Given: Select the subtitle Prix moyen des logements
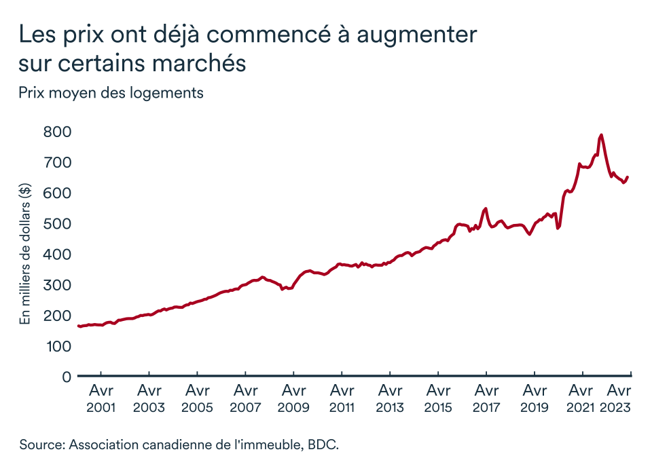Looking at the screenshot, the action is [x=111, y=93].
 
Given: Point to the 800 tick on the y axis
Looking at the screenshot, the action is [x=57, y=132].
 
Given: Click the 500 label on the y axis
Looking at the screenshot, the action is [x=57, y=224].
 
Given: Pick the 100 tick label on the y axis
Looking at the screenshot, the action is [x=58, y=346].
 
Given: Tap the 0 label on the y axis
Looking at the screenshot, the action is [x=67, y=377].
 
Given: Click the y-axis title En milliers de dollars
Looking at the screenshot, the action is [x=25, y=254].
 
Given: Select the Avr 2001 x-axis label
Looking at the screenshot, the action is [x=101, y=398].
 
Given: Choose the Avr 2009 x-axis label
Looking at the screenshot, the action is [x=293, y=398].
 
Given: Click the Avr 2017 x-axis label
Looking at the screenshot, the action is [x=486, y=398].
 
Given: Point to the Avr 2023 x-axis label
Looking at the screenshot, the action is [x=615, y=398].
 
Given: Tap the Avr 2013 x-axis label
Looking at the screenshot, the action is [x=390, y=398].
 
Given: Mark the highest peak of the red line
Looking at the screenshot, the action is [x=601, y=135].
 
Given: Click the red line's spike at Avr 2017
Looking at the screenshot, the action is [x=486, y=208].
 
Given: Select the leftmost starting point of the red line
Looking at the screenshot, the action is [x=79, y=326].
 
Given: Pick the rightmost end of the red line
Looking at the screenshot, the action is [x=628, y=177].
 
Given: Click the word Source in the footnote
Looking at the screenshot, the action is [x=42, y=444].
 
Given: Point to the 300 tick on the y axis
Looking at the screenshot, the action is [x=57, y=285].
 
